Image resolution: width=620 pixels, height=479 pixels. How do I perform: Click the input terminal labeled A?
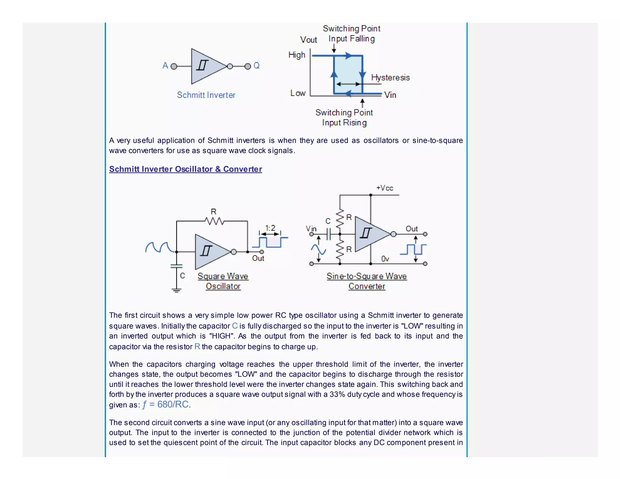tap(173, 66)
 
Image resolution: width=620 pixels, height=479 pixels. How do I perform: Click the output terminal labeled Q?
tap(248, 66)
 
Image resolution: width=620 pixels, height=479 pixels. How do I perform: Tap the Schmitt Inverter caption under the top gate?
tap(206, 95)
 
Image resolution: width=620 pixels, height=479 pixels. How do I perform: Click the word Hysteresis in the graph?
tap(390, 78)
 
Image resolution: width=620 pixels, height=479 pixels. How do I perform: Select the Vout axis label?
tap(308, 40)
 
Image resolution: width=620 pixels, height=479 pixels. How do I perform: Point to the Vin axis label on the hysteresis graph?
tap(390, 95)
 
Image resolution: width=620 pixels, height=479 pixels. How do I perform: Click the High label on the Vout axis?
tap(297, 55)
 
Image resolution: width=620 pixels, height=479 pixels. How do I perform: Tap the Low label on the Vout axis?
tap(298, 93)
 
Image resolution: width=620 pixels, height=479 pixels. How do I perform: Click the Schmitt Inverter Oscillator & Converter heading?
tap(186, 169)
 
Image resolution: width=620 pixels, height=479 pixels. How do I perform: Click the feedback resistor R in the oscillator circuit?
tap(214, 221)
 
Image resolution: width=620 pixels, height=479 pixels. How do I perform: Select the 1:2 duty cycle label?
tap(270, 228)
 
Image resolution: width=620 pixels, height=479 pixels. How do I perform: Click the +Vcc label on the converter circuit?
tap(384, 188)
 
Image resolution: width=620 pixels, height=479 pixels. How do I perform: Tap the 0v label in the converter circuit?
tap(385, 259)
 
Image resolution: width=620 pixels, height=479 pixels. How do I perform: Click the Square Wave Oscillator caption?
tap(223, 281)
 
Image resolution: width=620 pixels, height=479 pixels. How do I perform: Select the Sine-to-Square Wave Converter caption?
tap(367, 281)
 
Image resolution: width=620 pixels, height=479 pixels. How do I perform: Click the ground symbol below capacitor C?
tap(176, 290)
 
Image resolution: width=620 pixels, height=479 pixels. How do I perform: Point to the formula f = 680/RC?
tap(166, 405)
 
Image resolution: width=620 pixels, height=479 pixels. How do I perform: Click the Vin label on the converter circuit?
tap(311, 229)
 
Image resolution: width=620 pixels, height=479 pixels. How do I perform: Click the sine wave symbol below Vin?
tap(318, 249)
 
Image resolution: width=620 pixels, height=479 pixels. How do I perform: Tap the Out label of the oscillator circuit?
tap(258, 258)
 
